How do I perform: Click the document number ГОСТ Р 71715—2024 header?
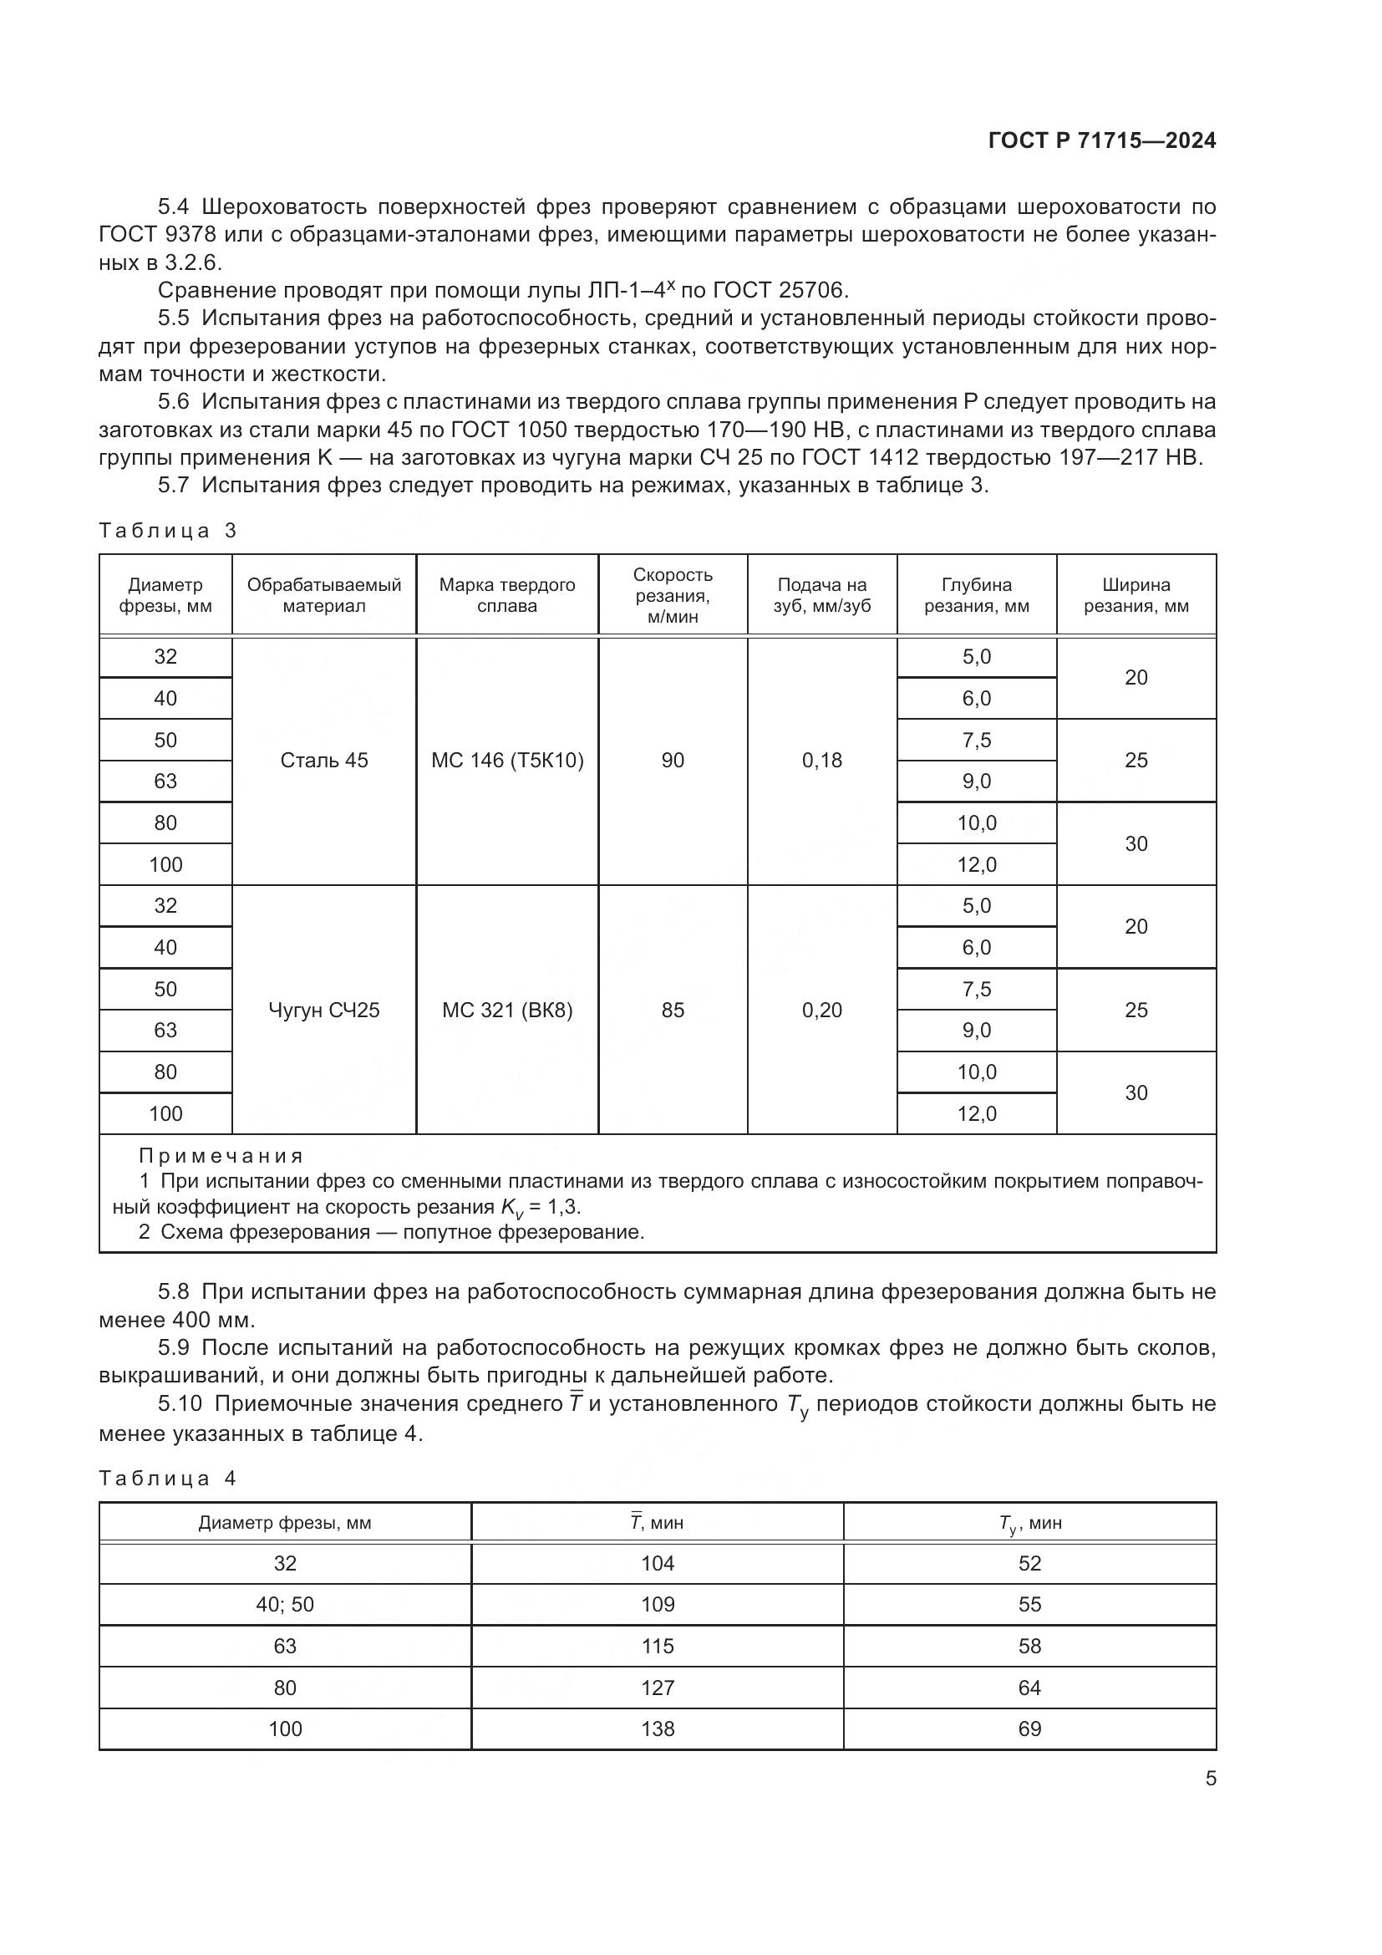point(1101,141)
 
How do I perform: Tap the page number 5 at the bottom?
point(1210,1778)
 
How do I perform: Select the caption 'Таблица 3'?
point(168,532)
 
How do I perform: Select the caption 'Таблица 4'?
point(168,1479)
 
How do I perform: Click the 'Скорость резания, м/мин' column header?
point(673,595)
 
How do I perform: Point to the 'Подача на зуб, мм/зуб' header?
point(821,595)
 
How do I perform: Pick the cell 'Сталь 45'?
point(324,761)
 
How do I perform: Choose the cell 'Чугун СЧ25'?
point(324,1010)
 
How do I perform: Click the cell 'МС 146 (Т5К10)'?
point(507,761)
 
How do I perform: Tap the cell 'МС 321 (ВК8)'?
point(507,1010)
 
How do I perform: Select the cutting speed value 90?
point(673,761)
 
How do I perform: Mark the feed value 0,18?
point(821,761)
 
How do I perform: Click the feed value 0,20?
point(821,1010)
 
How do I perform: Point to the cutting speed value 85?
point(673,1010)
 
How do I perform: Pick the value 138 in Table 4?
point(658,1728)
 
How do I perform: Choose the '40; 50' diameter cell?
point(285,1604)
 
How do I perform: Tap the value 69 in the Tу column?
point(1029,1728)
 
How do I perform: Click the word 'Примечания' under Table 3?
point(221,1156)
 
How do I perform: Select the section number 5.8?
point(173,1291)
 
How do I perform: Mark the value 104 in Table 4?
point(658,1563)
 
